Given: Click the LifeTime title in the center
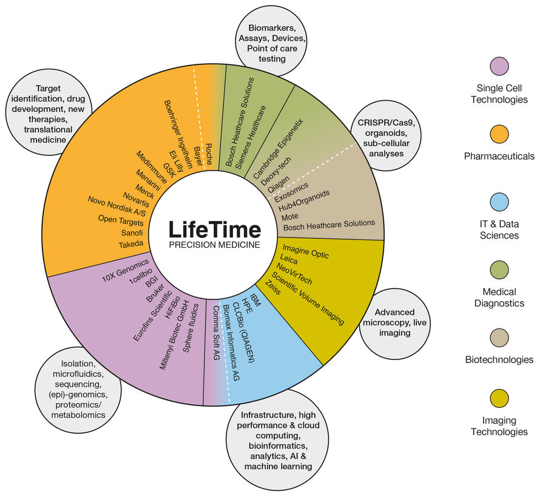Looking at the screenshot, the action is [x=215, y=229].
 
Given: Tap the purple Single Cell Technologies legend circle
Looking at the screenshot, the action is [x=499, y=66].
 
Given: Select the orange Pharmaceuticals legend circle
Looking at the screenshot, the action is [x=499, y=133].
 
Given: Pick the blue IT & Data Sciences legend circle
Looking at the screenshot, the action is [x=499, y=201].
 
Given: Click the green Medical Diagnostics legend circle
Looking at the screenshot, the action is [x=499, y=268].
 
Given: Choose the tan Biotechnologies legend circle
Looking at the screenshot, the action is [x=499, y=336].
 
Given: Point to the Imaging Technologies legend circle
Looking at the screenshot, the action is [x=499, y=399].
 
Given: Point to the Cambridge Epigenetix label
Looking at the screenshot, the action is [x=278, y=148].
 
